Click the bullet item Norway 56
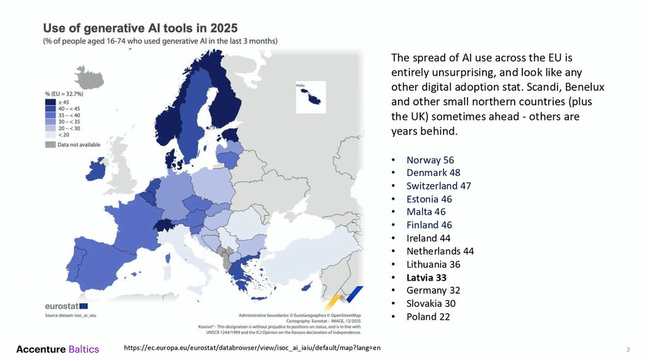pos(430,160)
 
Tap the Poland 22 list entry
pos(428,316)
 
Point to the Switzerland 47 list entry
pos(438,186)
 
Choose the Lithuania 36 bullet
pos(433,264)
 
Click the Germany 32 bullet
pos(433,291)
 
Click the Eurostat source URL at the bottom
pos(252,348)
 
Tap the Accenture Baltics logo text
pos(57,349)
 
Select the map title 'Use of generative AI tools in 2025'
pos(140,28)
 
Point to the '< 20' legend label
pos(62,135)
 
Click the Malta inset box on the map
pos(310,97)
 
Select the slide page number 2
pos(628,349)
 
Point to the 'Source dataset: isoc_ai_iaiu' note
pos(71,314)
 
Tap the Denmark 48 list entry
pos(433,173)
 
